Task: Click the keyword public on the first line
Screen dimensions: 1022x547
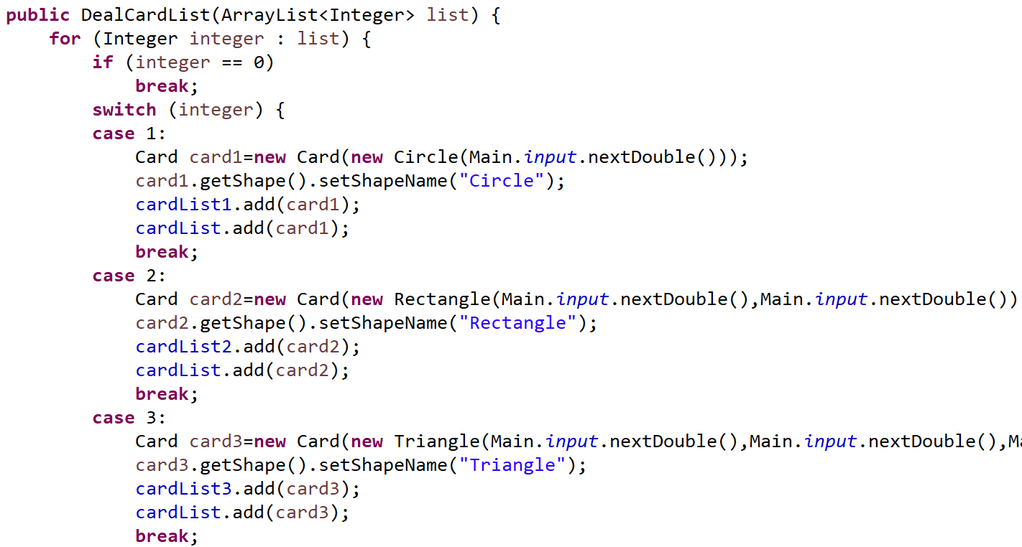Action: pyautogui.click(x=37, y=15)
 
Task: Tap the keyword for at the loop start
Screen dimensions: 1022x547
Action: pyautogui.click(x=65, y=39)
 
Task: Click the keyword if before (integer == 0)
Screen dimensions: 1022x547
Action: pyautogui.click(x=103, y=62)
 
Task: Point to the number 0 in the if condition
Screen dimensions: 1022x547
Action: pyautogui.click(x=259, y=62)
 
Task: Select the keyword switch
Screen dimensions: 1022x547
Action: pyautogui.click(x=124, y=110)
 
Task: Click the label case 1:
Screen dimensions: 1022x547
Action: pyautogui.click(x=129, y=134)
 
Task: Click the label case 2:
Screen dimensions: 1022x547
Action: pyautogui.click(x=129, y=276)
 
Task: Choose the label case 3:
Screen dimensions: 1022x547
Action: pyautogui.click(x=129, y=418)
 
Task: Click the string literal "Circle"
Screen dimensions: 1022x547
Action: pyautogui.click(x=502, y=181)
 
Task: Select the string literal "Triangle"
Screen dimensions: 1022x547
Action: pyautogui.click(x=512, y=465)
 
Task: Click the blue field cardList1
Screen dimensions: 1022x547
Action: pyautogui.click(x=183, y=205)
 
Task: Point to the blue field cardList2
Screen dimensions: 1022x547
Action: pyautogui.click(x=183, y=347)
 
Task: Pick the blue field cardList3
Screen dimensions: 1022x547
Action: pyautogui.click(x=183, y=489)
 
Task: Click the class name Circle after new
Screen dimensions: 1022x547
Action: pyautogui.click(x=426, y=157)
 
